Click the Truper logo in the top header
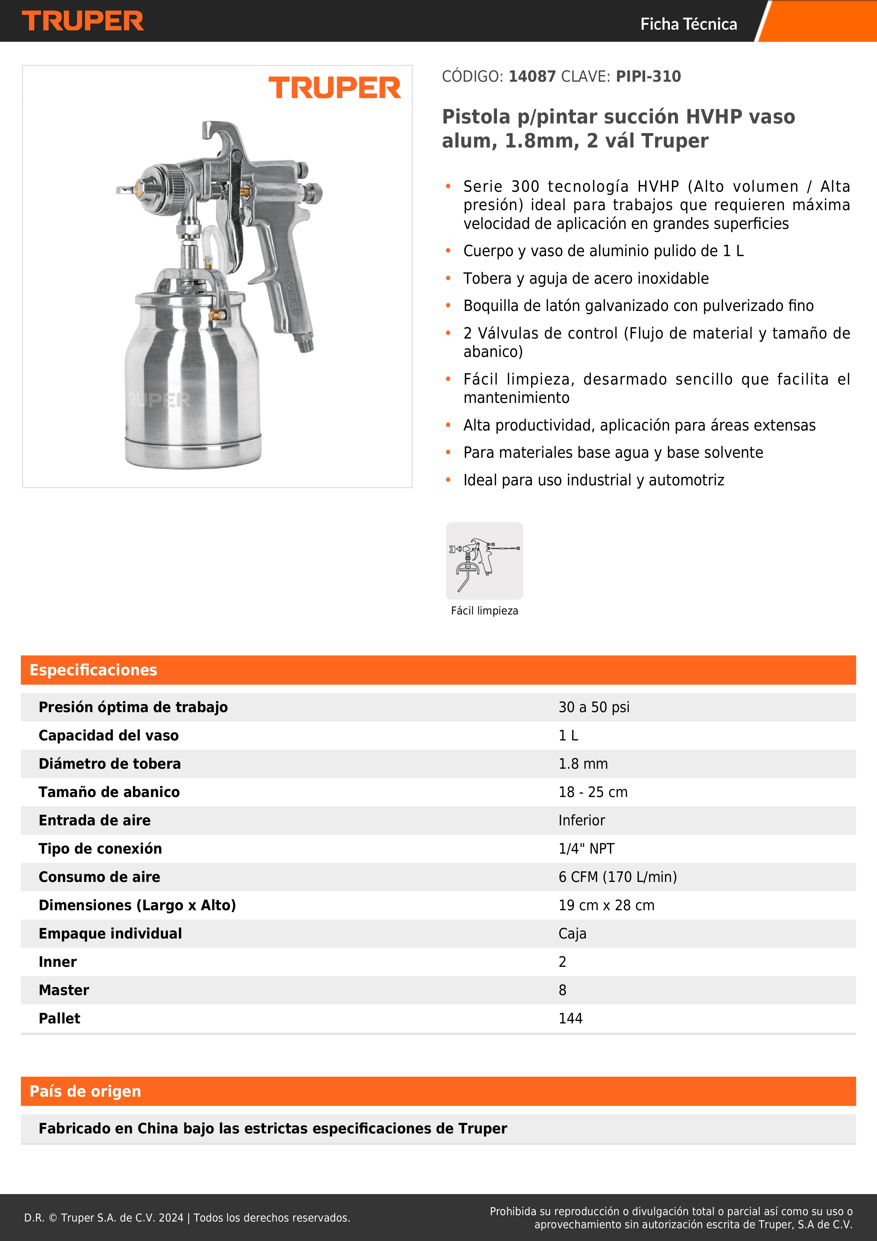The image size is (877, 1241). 83,21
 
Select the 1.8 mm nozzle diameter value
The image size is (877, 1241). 583,764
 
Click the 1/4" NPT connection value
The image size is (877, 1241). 586,849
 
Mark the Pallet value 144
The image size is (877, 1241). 570,1019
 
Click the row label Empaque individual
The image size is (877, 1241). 110,934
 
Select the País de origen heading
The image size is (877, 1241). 85,1091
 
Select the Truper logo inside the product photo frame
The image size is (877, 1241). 334,88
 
